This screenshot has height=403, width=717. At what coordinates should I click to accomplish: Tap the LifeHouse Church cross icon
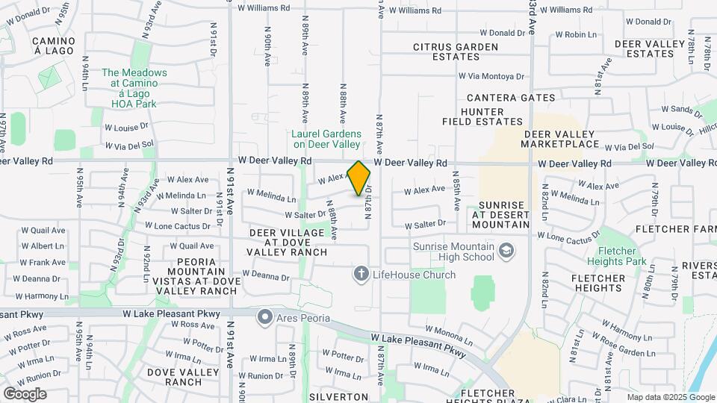361,275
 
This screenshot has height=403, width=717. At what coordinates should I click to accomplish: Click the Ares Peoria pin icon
264,318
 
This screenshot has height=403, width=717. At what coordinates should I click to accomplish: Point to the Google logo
25,393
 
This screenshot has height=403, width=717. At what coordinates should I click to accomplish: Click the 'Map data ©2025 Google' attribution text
670,397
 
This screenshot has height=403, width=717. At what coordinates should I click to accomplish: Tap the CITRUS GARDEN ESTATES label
456,51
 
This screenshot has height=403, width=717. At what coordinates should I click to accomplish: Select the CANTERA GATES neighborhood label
511,98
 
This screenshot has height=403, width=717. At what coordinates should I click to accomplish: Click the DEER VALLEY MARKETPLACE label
562,139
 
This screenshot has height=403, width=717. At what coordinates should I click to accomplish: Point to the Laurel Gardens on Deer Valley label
326,139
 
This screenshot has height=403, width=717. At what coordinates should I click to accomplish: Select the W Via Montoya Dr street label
491,76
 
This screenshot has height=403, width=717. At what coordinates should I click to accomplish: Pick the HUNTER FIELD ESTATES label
492,116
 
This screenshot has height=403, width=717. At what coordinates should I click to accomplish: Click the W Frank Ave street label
43,263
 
